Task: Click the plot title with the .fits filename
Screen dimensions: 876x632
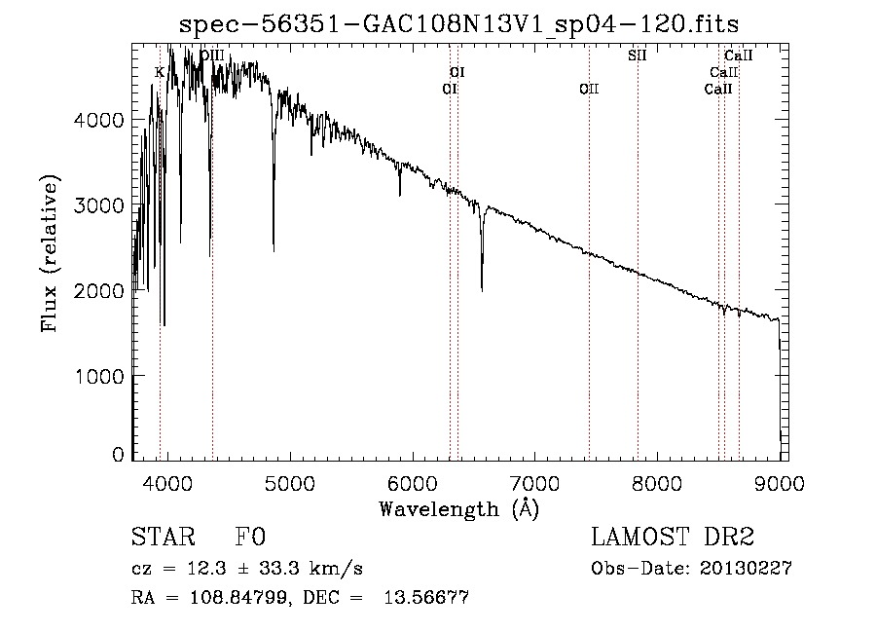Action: (458, 24)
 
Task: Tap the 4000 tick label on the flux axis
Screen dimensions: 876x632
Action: (99, 120)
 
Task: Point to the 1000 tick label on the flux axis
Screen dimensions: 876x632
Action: (99, 376)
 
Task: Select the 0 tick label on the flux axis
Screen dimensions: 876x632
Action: (118, 455)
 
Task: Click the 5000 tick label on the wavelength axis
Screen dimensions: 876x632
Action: (290, 483)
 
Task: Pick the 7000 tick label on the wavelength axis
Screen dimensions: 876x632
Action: (534, 483)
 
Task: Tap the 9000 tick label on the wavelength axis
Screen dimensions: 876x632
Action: (780, 483)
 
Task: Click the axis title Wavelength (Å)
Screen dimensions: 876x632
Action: (459, 509)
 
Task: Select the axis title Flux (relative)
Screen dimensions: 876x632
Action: (50, 253)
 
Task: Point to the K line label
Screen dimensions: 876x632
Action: (160, 73)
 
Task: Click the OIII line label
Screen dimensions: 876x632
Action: (212, 56)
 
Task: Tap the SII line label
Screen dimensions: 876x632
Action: (638, 56)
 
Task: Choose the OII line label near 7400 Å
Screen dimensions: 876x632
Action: (589, 89)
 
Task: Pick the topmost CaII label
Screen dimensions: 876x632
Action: (739, 56)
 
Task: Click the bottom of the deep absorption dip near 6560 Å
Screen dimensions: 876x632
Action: (482, 290)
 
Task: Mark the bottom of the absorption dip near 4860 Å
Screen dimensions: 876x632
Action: (274, 251)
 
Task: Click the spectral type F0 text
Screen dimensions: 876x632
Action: (250, 537)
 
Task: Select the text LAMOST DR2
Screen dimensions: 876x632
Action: (673, 537)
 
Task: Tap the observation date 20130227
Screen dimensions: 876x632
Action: (746, 569)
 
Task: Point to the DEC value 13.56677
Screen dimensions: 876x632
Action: (426, 598)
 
